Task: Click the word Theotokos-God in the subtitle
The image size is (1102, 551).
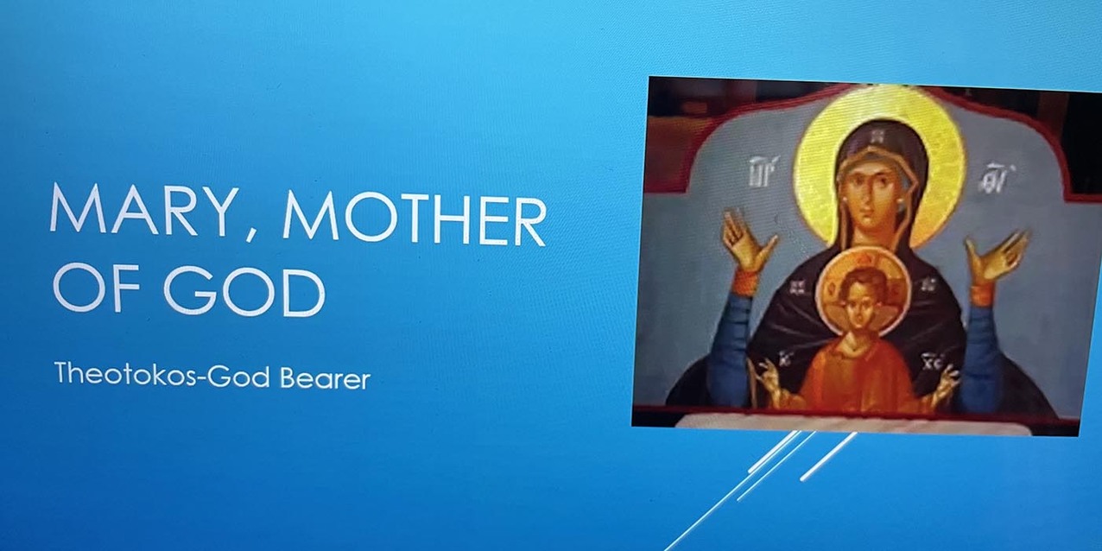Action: click(x=163, y=375)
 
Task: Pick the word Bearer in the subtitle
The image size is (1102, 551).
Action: click(x=325, y=378)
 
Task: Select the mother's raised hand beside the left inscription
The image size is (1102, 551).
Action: click(x=745, y=241)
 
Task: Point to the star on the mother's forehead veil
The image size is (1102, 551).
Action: click(x=879, y=135)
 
